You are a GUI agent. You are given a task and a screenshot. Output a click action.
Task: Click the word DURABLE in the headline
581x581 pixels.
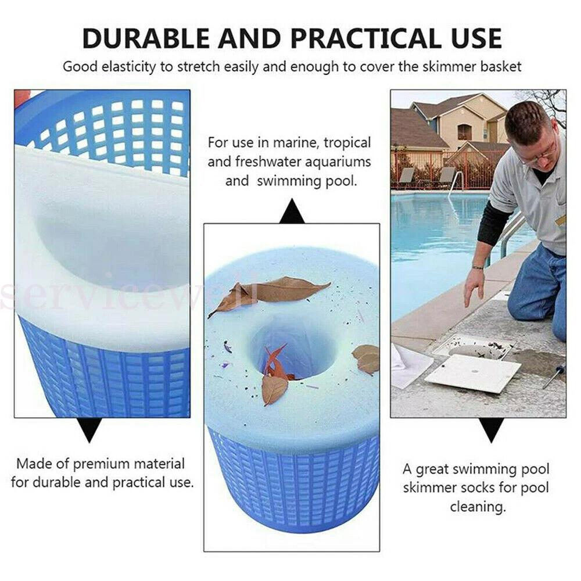[x=146, y=38]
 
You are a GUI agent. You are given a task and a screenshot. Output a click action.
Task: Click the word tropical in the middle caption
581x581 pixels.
[x=347, y=143]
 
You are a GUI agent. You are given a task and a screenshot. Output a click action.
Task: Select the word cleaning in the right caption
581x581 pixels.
[x=477, y=507]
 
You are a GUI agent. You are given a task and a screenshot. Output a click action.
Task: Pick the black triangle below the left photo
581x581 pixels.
[x=89, y=430]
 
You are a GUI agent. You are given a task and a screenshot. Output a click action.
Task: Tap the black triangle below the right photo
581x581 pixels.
[x=492, y=430]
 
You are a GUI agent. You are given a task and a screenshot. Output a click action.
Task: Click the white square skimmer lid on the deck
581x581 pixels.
[x=473, y=373]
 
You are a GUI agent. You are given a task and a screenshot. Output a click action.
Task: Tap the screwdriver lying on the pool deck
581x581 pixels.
[x=554, y=376]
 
